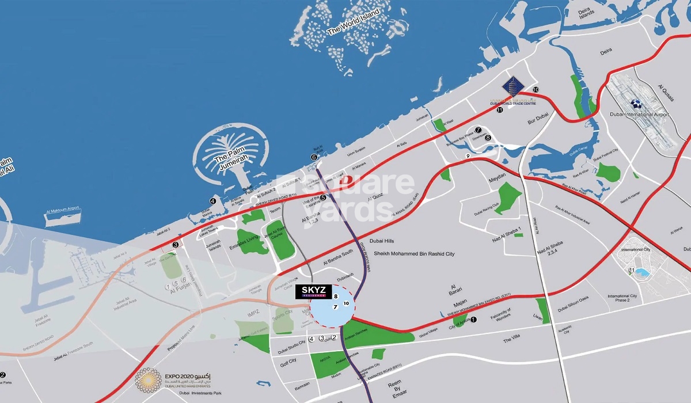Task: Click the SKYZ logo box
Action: click(312, 292)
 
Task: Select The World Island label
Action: click(353, 22)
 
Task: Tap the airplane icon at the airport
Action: click(636, 104)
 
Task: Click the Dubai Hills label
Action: click(385, 242)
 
